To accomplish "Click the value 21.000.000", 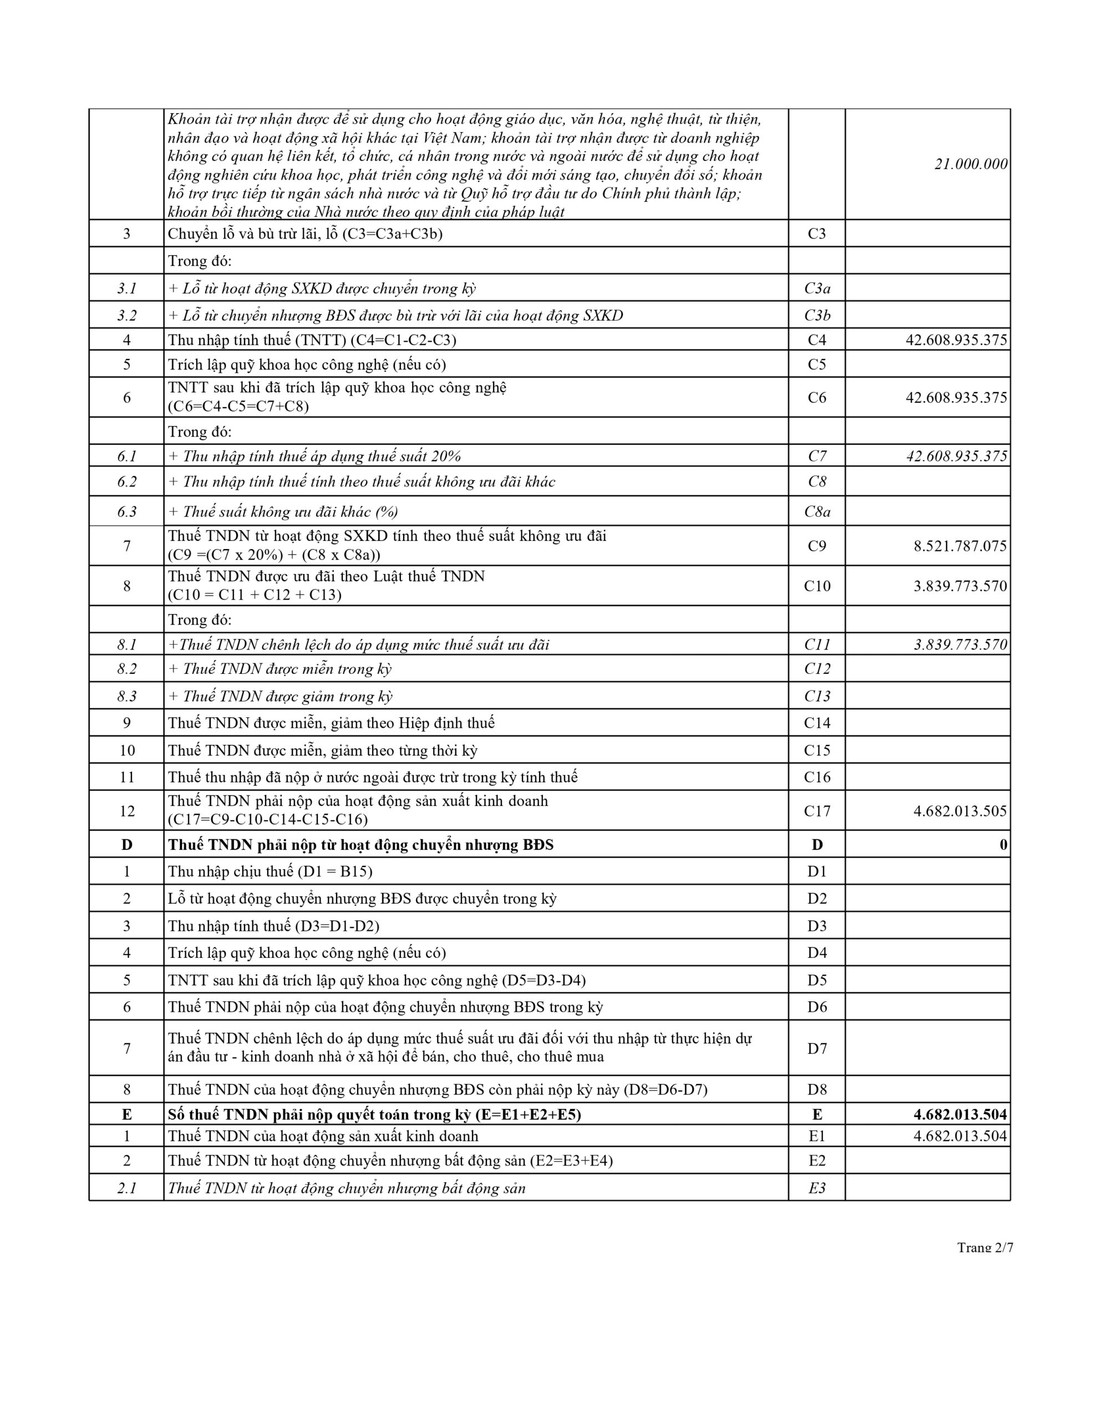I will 970,164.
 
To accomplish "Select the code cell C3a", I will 817,288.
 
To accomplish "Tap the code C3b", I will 817,315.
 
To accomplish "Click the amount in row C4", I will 956,339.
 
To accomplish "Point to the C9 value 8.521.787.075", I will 960,545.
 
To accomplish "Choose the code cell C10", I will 817,586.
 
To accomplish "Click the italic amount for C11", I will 960,645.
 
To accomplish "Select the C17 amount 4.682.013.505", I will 960,811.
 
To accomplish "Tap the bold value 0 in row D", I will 1003,845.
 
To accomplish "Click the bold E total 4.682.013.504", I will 960,1114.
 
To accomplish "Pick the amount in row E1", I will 960,1136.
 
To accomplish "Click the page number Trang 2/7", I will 984,1247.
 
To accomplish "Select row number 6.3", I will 127,511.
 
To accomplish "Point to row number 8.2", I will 127,668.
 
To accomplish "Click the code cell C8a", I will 817,511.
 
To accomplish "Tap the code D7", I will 817,1048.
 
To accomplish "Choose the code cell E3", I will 817,1188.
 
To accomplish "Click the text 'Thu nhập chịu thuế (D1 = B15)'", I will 270,871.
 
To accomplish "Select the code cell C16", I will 817,777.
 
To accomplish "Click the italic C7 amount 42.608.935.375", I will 956,456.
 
